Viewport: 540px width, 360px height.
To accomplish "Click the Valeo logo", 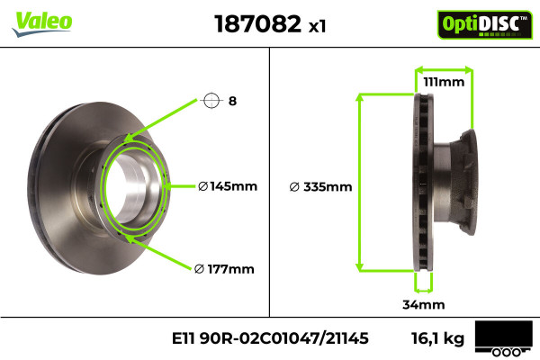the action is coord(42,23).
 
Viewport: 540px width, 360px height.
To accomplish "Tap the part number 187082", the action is coord(257,23).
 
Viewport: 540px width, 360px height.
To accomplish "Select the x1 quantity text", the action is coord(317,26).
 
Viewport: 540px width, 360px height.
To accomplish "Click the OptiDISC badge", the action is coord(485,24).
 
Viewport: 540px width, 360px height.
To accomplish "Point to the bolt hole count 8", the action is coord(232,101).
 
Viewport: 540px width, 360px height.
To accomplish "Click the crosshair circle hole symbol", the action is coord(211,101).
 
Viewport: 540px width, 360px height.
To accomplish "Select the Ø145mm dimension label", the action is coord(228,186).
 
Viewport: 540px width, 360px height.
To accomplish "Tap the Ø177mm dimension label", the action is coord(224,269).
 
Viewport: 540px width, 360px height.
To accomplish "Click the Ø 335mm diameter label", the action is coord(320,187).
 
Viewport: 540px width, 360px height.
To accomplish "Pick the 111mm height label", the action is coord(444,82).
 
